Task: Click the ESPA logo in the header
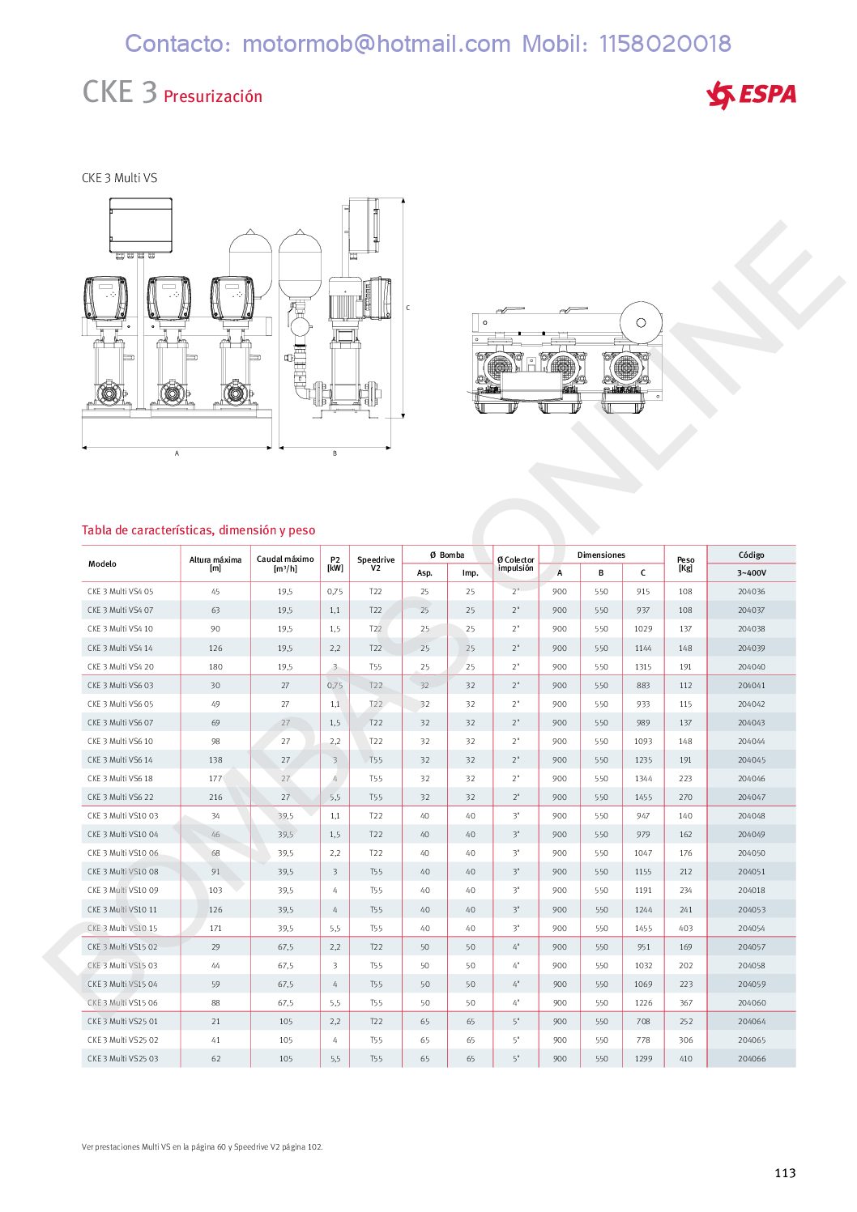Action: [x=751, y=96]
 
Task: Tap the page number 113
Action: [x=785, y=1172]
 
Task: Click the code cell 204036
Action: [x=752, y=591]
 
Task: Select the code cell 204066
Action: [x=752, y=1058]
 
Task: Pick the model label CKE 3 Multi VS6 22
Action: [x=120, y=797]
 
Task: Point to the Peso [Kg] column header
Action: [x=685, y=563]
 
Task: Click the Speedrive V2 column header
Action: [x=376, y=563]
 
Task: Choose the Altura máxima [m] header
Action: [x=215, y=563]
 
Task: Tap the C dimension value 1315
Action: [x=643, y=666]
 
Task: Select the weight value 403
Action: [x=685, y=928]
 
